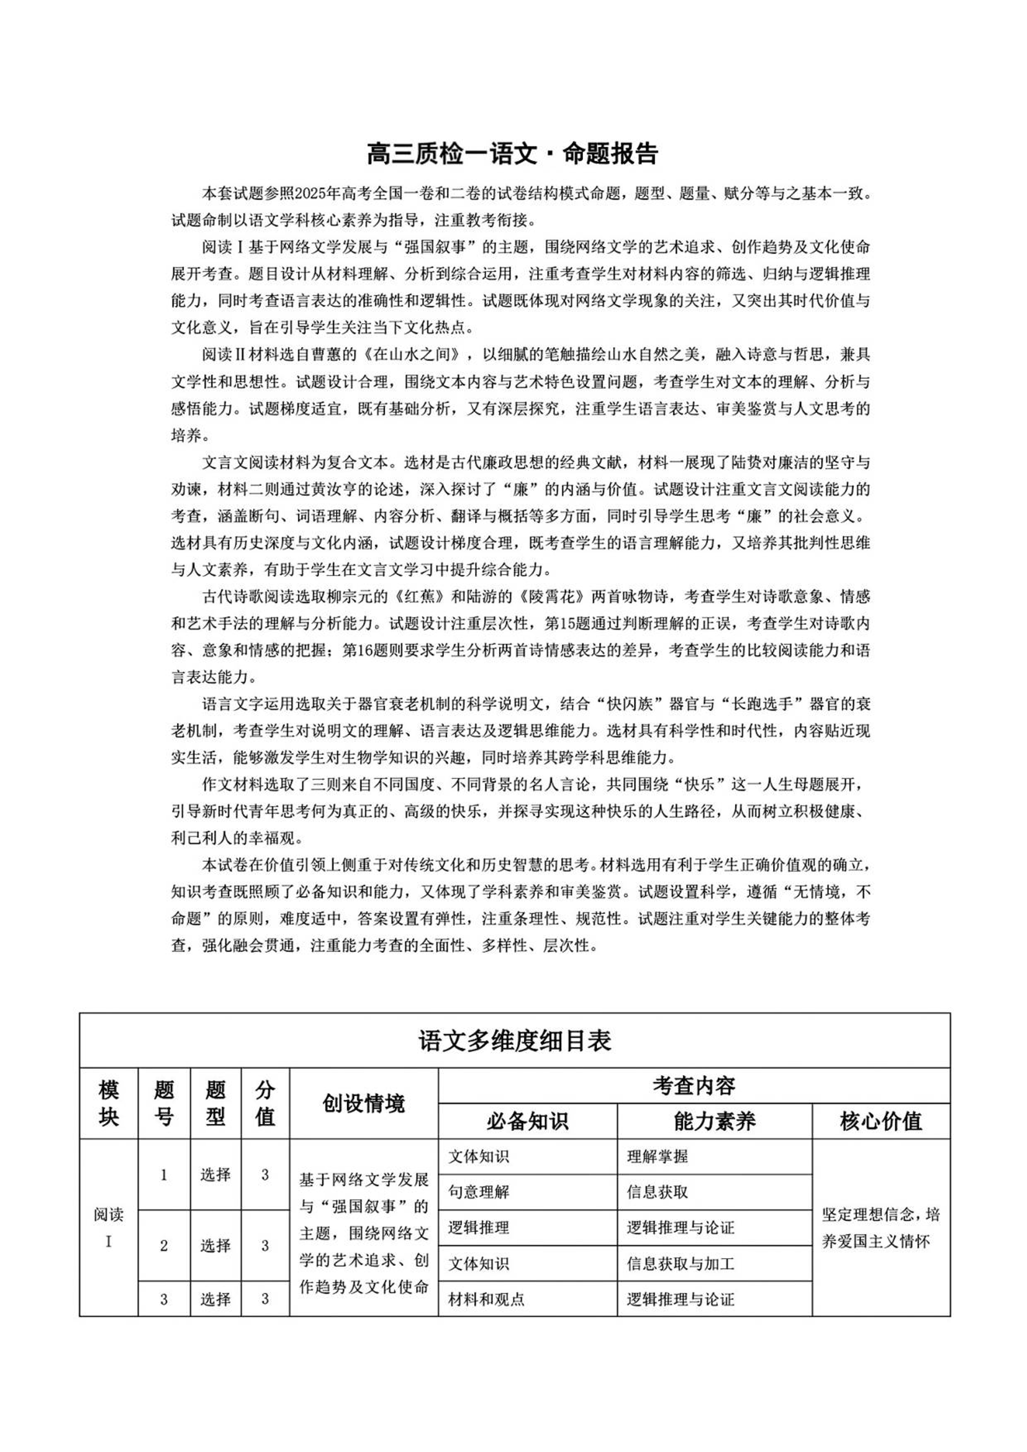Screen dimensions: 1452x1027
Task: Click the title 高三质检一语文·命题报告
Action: (x=513, y=153)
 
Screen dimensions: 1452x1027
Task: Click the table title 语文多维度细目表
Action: (x=514, y=1041)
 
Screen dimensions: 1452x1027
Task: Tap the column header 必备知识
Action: (x=527, y=1121)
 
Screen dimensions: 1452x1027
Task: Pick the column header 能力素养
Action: (x=715, y=1121)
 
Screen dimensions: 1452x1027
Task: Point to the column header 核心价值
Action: (x=881, y=1121)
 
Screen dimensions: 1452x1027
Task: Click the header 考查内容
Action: (x=694, y=1086)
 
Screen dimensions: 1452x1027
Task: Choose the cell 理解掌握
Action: (x=657, y=1156)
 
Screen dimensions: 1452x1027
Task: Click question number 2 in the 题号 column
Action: (x=164, y=1246)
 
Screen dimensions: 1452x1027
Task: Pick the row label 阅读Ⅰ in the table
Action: (x=109, y=1228)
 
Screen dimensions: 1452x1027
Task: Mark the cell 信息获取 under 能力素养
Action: (x=657, y=1192)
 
